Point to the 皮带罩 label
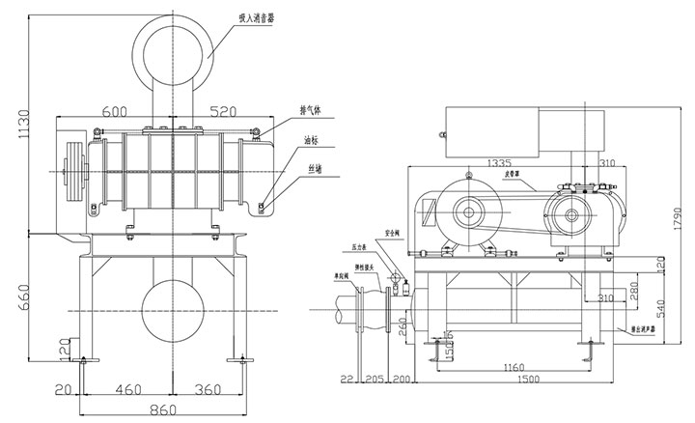(x=522, y=177)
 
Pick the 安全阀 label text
(x=392, y=234)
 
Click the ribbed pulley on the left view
(x=72, y=173)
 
